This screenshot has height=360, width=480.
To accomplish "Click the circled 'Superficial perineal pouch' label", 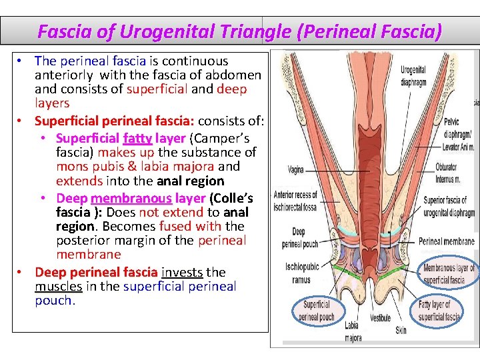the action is [x=317, y=310].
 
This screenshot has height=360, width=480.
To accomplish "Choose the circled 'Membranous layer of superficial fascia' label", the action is [x=449, y=273].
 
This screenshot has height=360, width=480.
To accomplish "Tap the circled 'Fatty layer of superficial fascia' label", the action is [x=439, y=310].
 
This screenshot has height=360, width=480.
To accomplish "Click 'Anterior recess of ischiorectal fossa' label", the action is [x=296, y=200].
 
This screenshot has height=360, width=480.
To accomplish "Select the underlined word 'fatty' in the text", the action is [x=137, y=138].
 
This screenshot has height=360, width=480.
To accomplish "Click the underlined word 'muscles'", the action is [x=58, y=286].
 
